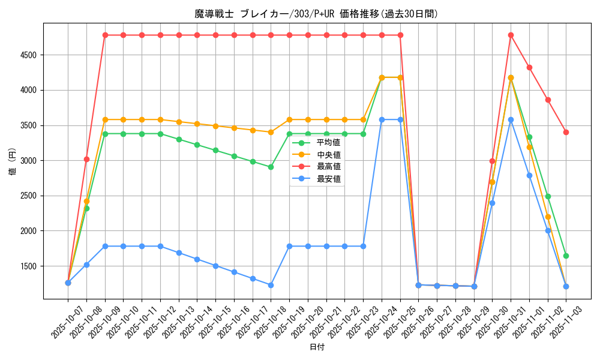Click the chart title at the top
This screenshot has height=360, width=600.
pos(316,13)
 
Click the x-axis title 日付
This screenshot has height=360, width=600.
pos(317,347)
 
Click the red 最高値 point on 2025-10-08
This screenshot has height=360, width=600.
pos(86,159)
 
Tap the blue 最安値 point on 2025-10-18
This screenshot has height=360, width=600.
pos(271,285)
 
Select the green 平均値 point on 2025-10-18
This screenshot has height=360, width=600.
pos(271,167)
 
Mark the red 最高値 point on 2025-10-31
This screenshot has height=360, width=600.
pos(511,35)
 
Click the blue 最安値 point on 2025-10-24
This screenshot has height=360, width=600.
pos(382,119)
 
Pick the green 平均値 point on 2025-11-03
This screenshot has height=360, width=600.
pos(566,256)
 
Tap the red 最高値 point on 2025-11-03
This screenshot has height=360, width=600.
pos(566,132)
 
